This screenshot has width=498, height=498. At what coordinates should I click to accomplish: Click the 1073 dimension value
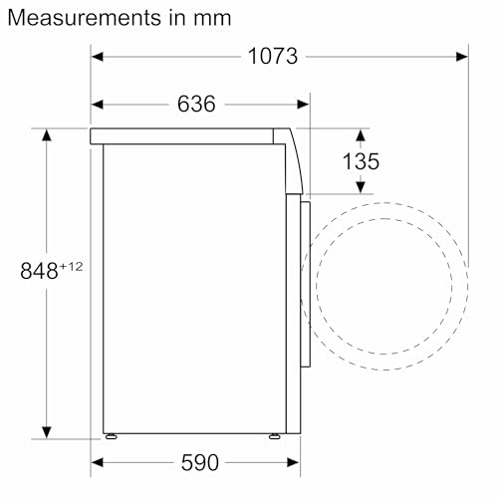(273, 56)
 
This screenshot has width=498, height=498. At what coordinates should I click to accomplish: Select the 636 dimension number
(196, 104)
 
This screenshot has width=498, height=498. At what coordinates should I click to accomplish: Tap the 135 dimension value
(361, 161)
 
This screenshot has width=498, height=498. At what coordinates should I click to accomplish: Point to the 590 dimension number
(200, 462)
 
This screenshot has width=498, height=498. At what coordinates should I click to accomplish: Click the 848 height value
(39, 271)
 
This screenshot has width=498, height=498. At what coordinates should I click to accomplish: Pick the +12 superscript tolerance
(71, 266)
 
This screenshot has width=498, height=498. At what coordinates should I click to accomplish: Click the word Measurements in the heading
(85, 18)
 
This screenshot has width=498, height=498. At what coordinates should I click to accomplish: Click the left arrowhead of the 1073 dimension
(98, 57)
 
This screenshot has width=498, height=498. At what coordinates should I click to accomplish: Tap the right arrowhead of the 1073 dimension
(462, 57)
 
